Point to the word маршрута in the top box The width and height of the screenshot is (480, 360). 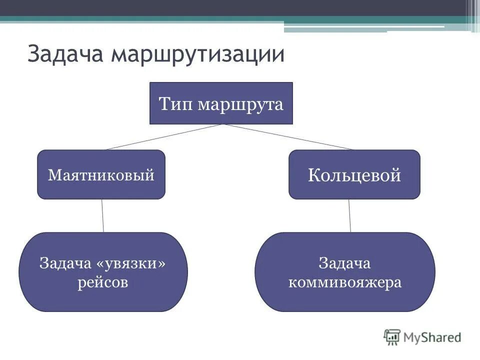coord(240,105)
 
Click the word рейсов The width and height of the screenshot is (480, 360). coord(103,282)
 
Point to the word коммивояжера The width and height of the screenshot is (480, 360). coord(344,282)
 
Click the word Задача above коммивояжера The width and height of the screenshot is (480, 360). coord(344,263)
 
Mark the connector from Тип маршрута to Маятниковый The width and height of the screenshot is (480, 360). coord(164,136)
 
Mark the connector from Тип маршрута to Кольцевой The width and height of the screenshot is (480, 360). coord(289,136)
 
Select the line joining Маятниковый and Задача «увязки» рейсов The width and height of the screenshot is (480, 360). coord(102,215)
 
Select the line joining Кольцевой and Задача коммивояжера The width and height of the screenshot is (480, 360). coord(349,215)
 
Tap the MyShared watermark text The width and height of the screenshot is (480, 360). coord(432,337)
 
